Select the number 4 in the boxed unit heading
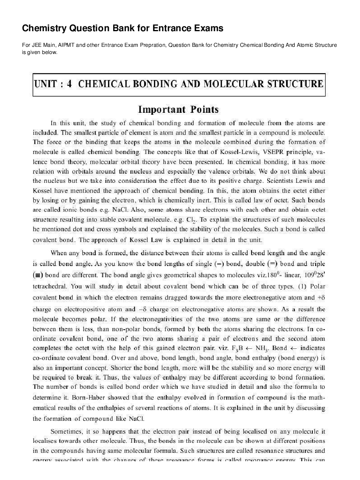click(69, 84)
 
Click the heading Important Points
click(178, 109)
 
